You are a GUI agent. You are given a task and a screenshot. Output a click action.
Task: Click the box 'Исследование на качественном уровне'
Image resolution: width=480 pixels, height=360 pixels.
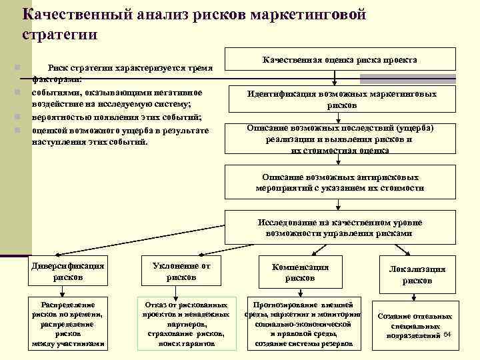(340, 227)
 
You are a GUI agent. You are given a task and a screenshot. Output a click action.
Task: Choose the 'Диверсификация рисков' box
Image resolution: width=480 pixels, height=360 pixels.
(69, 271)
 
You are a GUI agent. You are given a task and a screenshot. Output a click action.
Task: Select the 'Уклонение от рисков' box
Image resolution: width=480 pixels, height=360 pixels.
(181, 271)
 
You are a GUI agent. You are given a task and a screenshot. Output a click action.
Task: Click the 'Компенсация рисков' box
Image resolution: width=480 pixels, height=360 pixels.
(300, 271)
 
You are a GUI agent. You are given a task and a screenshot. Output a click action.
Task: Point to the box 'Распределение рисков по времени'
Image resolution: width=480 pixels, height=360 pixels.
(69, 322)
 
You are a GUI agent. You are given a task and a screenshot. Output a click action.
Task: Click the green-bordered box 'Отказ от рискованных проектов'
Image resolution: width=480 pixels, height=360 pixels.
(187, 322)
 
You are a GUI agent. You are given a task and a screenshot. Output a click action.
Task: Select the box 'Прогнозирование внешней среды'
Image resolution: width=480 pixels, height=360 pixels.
(303, 322)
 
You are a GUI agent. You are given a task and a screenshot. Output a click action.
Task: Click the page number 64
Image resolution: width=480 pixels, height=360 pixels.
(447, 333)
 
